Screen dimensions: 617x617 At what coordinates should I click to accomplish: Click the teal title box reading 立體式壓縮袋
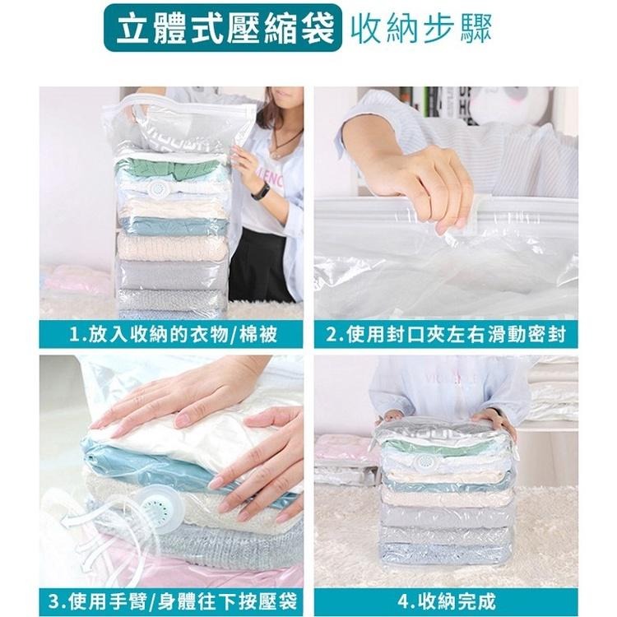[221, 30]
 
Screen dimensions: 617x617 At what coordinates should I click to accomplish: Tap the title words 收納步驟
[420, 30]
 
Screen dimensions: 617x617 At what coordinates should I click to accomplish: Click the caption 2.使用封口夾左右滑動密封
[445, 336]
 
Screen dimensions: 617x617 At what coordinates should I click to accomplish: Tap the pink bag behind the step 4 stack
[346, 448]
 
